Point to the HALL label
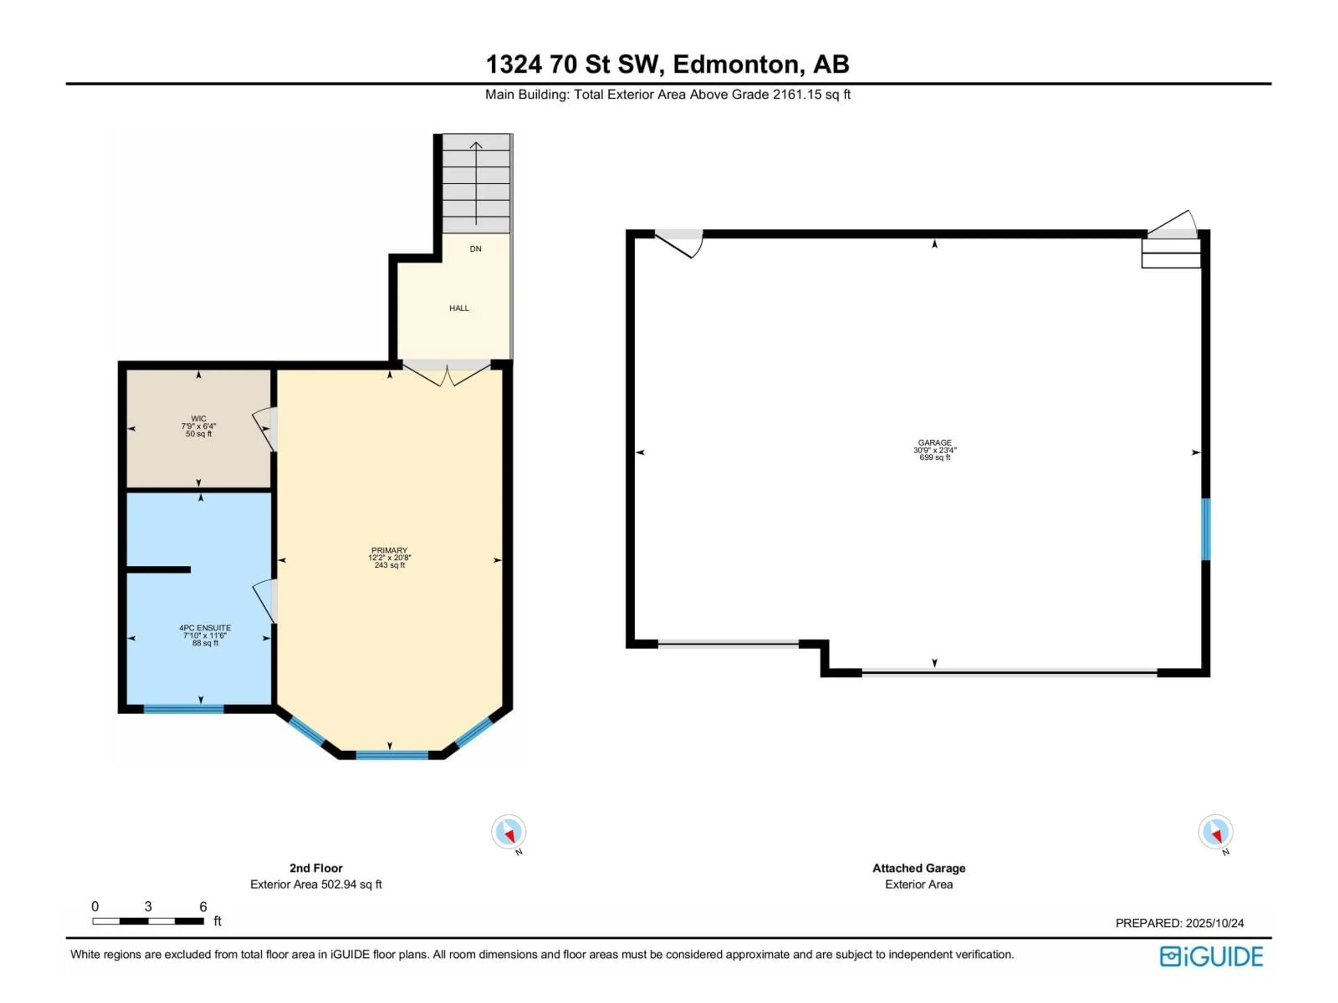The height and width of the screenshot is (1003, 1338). pyautogui.click(x=459, y=308)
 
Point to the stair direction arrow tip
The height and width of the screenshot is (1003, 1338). pyautogui.click(x=476, y=143)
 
